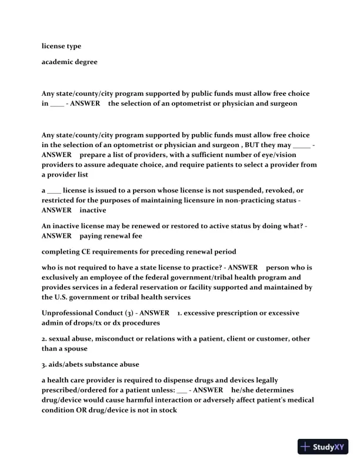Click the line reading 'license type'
point(61,46)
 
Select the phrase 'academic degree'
point(69,62)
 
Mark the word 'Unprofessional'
point(70,312)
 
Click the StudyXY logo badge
point(324,447)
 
